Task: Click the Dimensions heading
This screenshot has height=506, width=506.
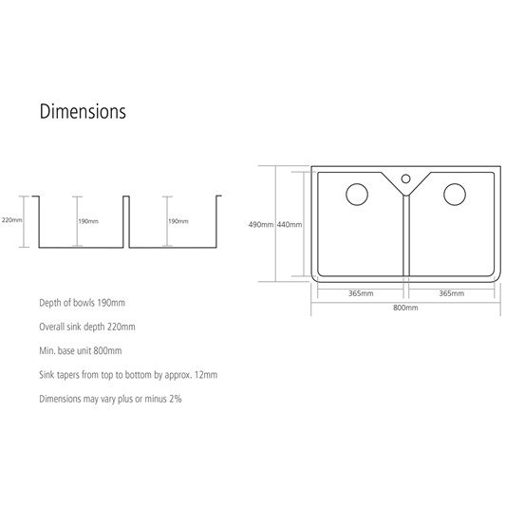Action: click(83, 111)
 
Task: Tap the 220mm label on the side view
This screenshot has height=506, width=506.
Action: click(12, 220)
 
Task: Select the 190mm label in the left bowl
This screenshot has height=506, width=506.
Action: click(88, 221)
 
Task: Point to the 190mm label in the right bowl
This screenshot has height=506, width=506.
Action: click(178, 221)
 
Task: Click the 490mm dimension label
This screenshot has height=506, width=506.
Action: click(261, 225)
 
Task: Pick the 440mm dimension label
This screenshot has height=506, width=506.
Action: click(290, 225)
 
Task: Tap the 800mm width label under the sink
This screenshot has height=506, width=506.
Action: click(405, 308)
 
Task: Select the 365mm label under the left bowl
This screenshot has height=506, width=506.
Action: click(361, 293)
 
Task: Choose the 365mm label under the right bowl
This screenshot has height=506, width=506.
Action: click(452, 293)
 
